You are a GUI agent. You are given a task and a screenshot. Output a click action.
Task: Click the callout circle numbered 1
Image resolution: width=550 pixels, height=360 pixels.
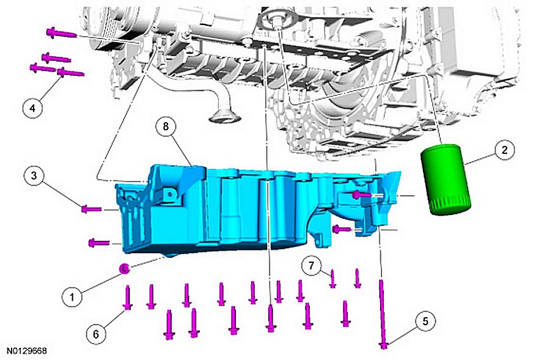[x=72, y=297]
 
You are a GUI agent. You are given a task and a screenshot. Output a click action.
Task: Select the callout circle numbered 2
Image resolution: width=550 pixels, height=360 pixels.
[x=504, y=150]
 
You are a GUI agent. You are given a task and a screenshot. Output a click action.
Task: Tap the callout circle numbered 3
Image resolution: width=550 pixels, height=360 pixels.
[x=34, y=175]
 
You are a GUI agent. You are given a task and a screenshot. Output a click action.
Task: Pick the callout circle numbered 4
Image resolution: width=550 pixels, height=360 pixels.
[x=32, y=108]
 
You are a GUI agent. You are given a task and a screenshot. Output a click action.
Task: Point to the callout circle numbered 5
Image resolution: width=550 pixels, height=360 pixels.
[x=425, y=321]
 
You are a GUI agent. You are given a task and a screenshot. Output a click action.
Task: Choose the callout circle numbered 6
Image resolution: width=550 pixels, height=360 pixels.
[x=97, y=334]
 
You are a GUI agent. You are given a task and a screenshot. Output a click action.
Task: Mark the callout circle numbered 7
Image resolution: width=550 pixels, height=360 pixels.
[x=312, y=266]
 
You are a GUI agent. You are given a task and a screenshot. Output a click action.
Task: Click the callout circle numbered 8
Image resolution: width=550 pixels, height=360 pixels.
[x=166, y=127]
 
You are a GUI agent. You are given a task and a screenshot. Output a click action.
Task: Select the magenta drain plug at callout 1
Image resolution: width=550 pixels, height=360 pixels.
[x=125, y=269]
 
